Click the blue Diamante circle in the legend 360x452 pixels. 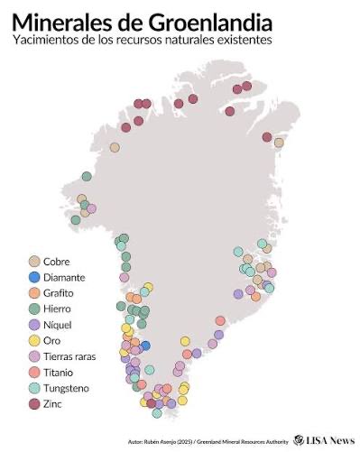[33, 277]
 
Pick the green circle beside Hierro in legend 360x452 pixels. [33, 309]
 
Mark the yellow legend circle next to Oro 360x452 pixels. [33, 340]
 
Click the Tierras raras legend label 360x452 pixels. [74, 356]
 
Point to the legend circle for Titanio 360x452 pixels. [33, 372]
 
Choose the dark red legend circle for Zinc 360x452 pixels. [33, 403]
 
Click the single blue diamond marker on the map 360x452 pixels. [145, 346]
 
